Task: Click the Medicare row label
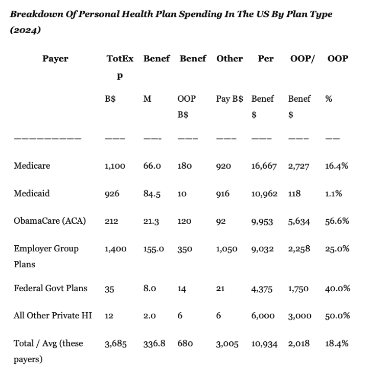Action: (x=32, y=166)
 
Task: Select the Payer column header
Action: (x=55, y=59)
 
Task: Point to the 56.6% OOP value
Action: (x=336, y=221)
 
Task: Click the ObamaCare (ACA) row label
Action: (x=50, y=221)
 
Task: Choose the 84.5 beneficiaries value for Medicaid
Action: (x=152, y=194)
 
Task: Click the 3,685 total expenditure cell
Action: (x=116, y=344)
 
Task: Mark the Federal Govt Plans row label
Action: (x=51, y=288)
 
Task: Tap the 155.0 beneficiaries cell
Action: (x=154, y=249)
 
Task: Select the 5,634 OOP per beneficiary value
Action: (x=299, y=222)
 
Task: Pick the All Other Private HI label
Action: (x=53, y=315)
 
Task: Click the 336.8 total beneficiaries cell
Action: (x=155, y=344)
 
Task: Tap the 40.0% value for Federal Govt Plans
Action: (x=337, y=289)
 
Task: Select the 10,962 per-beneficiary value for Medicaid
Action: (x=264, y=194)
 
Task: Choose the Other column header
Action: (x=229, y=59)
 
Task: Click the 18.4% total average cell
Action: (x=336, y=343)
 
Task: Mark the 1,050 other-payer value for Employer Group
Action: (x=227, y=249)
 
